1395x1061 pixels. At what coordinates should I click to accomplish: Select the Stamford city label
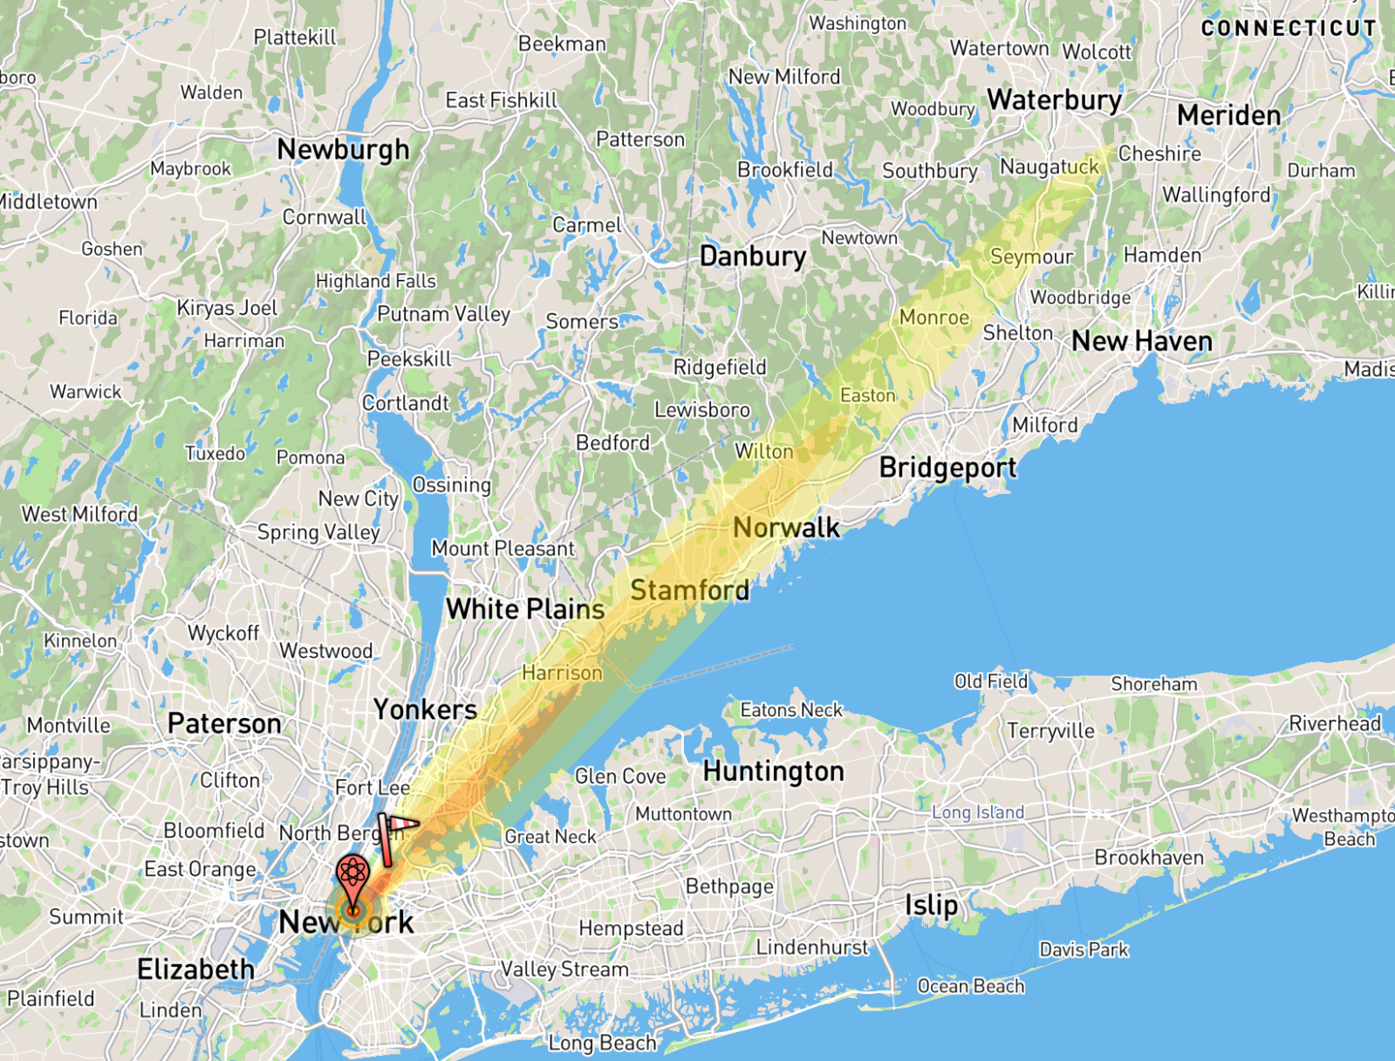pyautogui.click(x=689, y=591)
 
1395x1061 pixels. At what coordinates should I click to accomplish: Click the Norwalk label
pyautogui.click(x=786, y=528)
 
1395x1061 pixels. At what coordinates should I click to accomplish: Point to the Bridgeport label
pyautogui.click(x=947, y=468)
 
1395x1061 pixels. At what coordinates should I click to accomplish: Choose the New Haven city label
pyautogui.click(x=1141, y=341)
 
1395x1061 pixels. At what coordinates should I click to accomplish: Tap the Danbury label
pyautogui.click(x=752, y=257)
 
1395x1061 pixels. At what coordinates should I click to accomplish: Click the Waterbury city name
pyautogui.click(x=1054, y=100)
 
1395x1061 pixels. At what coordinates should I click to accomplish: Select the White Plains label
pyautogui.click(x=525, y=609)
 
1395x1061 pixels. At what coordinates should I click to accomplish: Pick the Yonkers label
pyautogui.click(x=425, y=709)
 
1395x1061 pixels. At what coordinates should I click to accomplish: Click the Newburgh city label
pyautogui.click(x=343, y=150)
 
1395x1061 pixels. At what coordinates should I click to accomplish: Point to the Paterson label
pyautogui.click(x=224, y=723)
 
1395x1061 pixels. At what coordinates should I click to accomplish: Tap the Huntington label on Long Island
pyautogui.click(x=773, y=771)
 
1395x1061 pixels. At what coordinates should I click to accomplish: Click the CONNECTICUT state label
pyautogui.click(x=1288, y=29)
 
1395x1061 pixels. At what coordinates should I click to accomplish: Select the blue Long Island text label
pyautogui.click(x=977, y=812)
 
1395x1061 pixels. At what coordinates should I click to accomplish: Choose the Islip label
pyautogui.click(x=931, y=905)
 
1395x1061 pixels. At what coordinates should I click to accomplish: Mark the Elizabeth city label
pyautogui.click(x=195, y=969)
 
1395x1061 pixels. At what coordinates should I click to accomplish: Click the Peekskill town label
pyautogui.click(x=409, y=359)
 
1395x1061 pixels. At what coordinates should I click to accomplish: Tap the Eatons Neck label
pyautogui.click(x=791, y=710)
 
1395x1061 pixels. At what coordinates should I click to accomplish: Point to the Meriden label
pyautogui.click(x=1228, y=115)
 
